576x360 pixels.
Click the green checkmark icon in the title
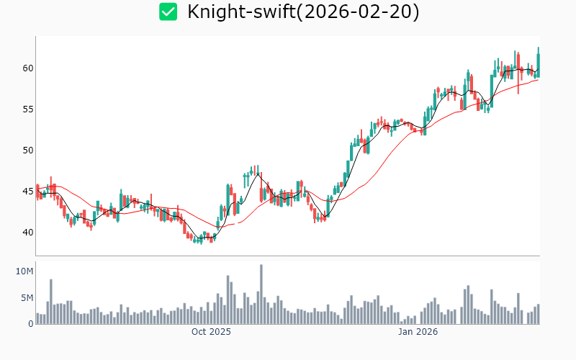click(168, 12)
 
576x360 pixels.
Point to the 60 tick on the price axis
click(27, 68)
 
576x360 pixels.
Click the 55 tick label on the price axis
click(27, 109)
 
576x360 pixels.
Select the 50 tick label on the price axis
click(27, 150)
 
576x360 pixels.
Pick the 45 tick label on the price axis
click(27, 192)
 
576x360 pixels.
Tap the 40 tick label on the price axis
click(27, 233)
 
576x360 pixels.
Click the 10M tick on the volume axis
click(24, 271)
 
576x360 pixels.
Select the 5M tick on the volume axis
click(27, 297)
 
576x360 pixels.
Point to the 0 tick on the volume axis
click(30, 324)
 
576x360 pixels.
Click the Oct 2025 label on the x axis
click(211, 332)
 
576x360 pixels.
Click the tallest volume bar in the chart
click(261, 294)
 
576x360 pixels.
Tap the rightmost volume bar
click(538, 314)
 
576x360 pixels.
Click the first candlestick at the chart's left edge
click(37, 190)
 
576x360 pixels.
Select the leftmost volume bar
click(37, 318)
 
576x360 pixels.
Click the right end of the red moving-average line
click(538, 79)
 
